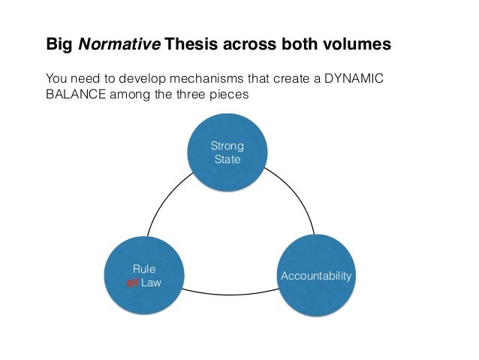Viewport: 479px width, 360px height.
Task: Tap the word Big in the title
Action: (61, 44)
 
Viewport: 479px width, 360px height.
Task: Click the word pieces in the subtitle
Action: (230, 95)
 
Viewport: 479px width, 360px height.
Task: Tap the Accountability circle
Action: (316, 276)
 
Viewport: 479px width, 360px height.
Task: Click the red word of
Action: (133, 283)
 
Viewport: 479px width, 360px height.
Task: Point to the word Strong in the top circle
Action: (227, 145)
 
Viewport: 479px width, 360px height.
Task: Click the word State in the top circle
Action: (227, 159)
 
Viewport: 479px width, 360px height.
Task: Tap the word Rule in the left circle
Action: (144, 269)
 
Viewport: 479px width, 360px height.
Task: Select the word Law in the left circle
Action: (152, 283)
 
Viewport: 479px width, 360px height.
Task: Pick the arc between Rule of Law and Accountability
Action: (229, 291)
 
